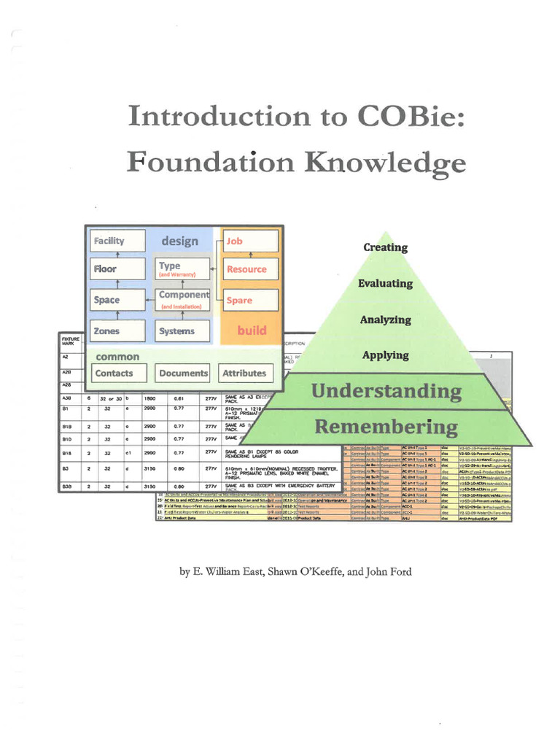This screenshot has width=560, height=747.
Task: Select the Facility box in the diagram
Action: tap(117, 241)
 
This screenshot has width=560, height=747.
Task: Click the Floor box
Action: tap(117, 269)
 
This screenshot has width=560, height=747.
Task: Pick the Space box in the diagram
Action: tap(117, 300)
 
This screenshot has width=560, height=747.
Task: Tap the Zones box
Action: tap(117, 331)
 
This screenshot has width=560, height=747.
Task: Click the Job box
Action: tap(250, 241)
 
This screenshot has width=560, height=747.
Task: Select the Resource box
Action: tap(250, 269)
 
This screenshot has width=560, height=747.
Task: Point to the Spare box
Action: tap(250, 300)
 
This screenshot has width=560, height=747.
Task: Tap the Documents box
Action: tap(183, 373)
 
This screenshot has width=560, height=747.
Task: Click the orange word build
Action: tap(252, 331)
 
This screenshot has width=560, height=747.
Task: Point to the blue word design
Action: tap(179, 241)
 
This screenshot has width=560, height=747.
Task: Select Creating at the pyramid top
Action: tap(386, 247)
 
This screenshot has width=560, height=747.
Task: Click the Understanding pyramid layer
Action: tap(386, 391)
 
